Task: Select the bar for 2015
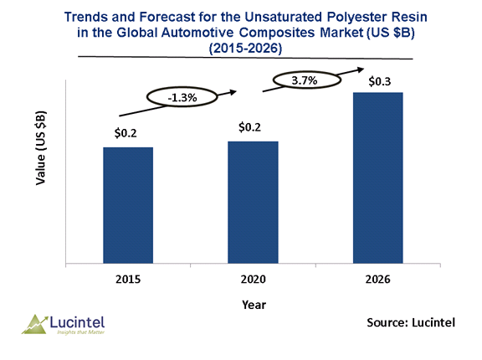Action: click(x=128, y=205)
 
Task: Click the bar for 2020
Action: click(x=253, y=203)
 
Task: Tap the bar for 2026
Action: click(x=377, y=178)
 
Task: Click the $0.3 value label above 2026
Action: click(x=380, y=81)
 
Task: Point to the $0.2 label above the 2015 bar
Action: click(x=126, y=133)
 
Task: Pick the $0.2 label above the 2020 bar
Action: click(x=249, y=127)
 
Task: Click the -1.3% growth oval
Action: click(x=182, y=97)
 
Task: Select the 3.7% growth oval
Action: click(x=307, y=80)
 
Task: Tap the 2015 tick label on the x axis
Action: click(x=128, y=279)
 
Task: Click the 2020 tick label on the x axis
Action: click(x=253, y=279)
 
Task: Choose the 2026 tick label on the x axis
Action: click(x=377, y=279)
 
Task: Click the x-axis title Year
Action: click(x=254, y=305)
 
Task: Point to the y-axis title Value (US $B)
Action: click(x=40, y=148)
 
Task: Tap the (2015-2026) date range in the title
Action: click(x=245, y=49)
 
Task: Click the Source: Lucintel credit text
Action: click(x=411, y=322)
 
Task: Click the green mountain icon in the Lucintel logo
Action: click(x=35, y=325)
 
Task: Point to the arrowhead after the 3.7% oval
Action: click(x=361, y=69)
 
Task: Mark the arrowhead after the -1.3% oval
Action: click(x=233, y=92)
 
